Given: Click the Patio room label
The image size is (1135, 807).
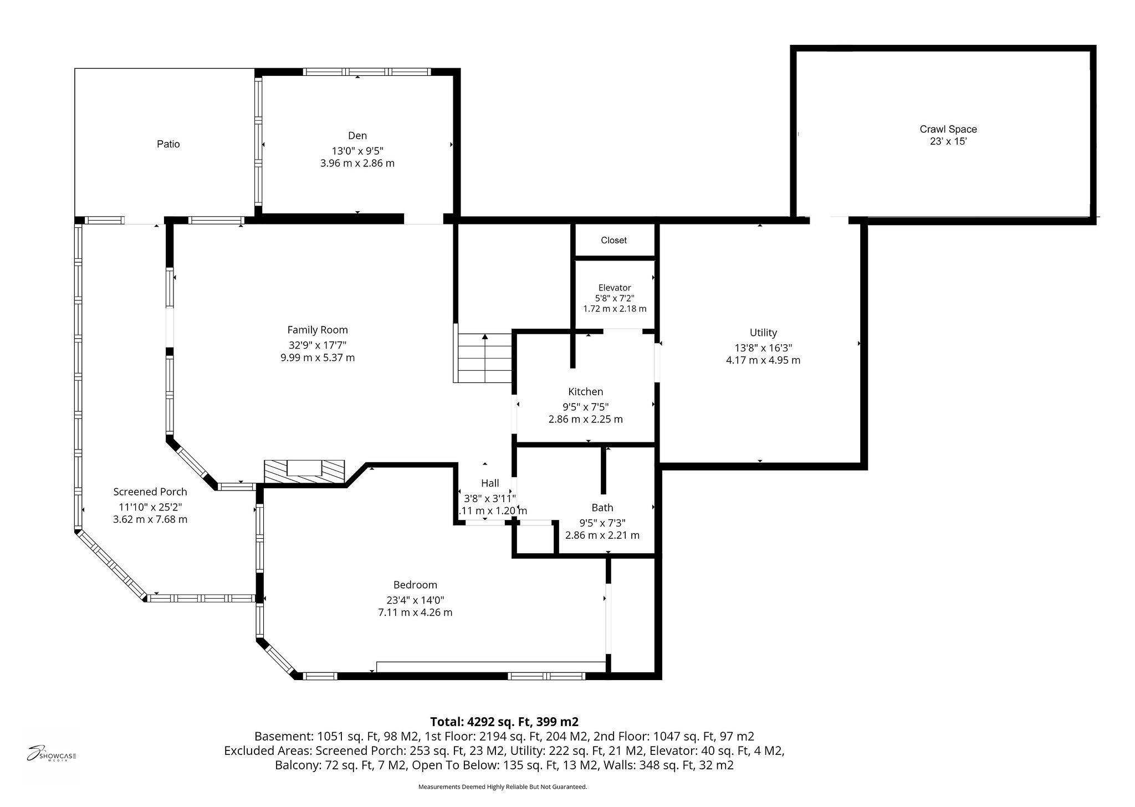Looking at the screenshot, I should (x=168, y=144).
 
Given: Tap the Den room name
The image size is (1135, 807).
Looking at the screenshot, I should (x=357, y=136).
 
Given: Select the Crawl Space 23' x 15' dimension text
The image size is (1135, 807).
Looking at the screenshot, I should (x=948, y=142).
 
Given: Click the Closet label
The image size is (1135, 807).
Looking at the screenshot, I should (x=613, y=241).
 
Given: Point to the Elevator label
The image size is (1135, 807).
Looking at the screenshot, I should (x=614, y=288).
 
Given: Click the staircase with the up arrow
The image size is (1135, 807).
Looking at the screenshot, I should (x=484, y=357).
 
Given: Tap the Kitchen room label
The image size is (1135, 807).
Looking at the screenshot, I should (x=585, y=392).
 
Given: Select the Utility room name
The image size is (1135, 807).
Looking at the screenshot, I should (x=763, y=333).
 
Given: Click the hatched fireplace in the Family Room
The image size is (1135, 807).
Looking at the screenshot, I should (x=304, y=471).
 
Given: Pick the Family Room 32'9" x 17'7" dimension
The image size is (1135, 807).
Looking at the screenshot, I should (x=317, y=345).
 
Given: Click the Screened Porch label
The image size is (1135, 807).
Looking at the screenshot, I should (x=150, y=492).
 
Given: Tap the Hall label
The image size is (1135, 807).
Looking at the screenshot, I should (x=490, y=483).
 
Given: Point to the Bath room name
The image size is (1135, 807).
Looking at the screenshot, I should (x=602, y=508).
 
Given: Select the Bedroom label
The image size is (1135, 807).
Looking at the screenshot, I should (x=415, y=585).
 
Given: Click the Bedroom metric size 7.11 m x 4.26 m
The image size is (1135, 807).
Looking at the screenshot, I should (x=415, y=612).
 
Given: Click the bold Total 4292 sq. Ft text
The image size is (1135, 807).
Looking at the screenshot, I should (x=504, y=722).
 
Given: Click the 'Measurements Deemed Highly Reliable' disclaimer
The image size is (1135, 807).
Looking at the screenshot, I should (x=502, y=787).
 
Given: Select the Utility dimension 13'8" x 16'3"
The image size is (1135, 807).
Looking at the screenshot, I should (x=763, y=348).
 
